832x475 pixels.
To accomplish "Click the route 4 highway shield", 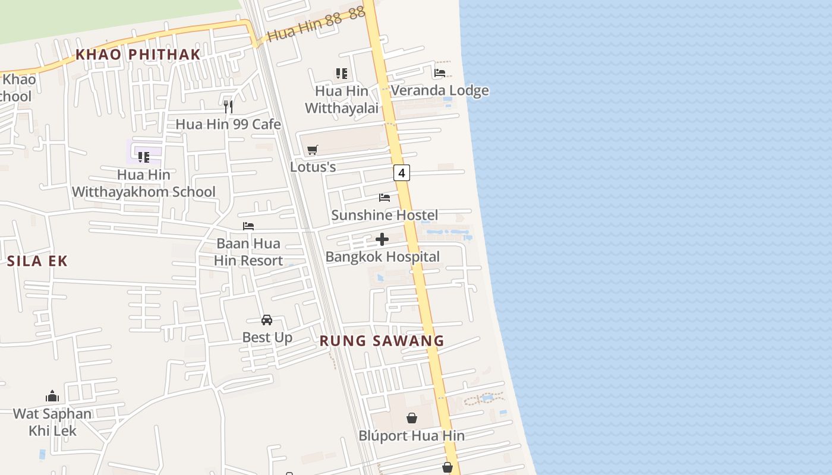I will coord(402,173).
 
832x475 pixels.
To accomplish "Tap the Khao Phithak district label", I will coord(138,55).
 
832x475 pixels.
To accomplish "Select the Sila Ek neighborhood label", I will coord(37,261).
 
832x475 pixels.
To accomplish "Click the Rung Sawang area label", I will coord(382,341).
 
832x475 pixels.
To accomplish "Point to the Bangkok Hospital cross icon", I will coord(382,239).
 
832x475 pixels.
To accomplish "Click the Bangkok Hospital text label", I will coord(383,257).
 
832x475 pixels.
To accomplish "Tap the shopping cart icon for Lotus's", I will coord(313,150).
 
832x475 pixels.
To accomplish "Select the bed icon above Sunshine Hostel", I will coord(385,197).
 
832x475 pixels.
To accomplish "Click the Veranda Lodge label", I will coord(440,90).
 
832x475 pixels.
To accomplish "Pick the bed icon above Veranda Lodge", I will coord(440,73).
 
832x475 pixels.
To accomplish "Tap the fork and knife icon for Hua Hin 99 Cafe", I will coord(228,107).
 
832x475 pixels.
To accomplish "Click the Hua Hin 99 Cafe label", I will coord(228,124).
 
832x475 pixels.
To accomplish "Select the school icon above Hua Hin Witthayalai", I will coord(342,74).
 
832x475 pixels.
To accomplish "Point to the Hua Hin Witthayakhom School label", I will coord(144,183).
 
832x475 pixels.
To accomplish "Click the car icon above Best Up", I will coord(267,320).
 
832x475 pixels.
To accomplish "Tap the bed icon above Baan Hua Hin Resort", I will coord(248,226).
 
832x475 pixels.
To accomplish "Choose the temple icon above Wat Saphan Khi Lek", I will coord(52,396).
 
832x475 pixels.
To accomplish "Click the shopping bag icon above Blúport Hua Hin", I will coord(412,418).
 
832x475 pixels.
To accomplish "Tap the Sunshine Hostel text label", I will coord(385,215).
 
